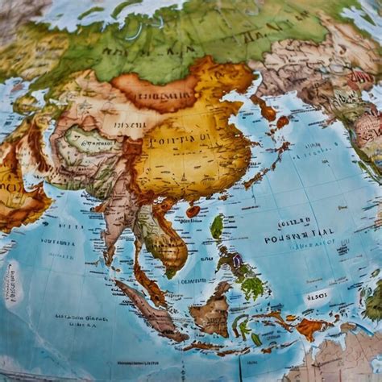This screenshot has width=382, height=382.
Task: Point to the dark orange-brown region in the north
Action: click(157, 91)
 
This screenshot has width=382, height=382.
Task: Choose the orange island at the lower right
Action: click(310, 326)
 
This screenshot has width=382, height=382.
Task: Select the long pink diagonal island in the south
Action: click(149, 310)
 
